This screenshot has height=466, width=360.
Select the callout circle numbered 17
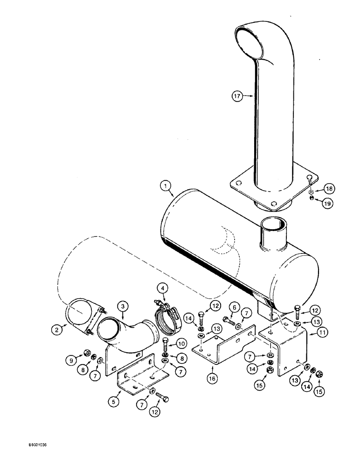coord(237,96)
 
